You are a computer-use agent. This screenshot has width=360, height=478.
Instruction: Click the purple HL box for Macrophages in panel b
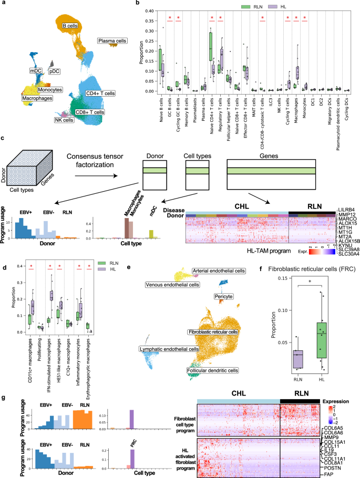[x=297, y=72]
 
